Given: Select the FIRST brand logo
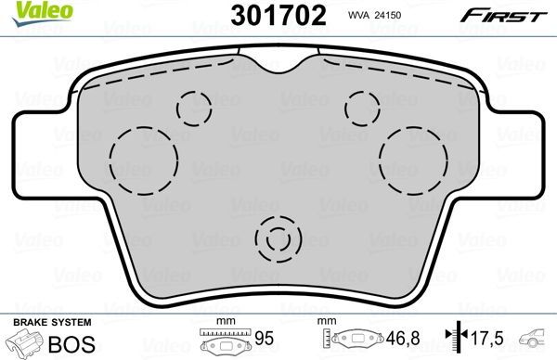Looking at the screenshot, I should pyautogui.click(x=516, y=16).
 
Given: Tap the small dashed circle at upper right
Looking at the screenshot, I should pyautogui.click(x=361, y=106).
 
